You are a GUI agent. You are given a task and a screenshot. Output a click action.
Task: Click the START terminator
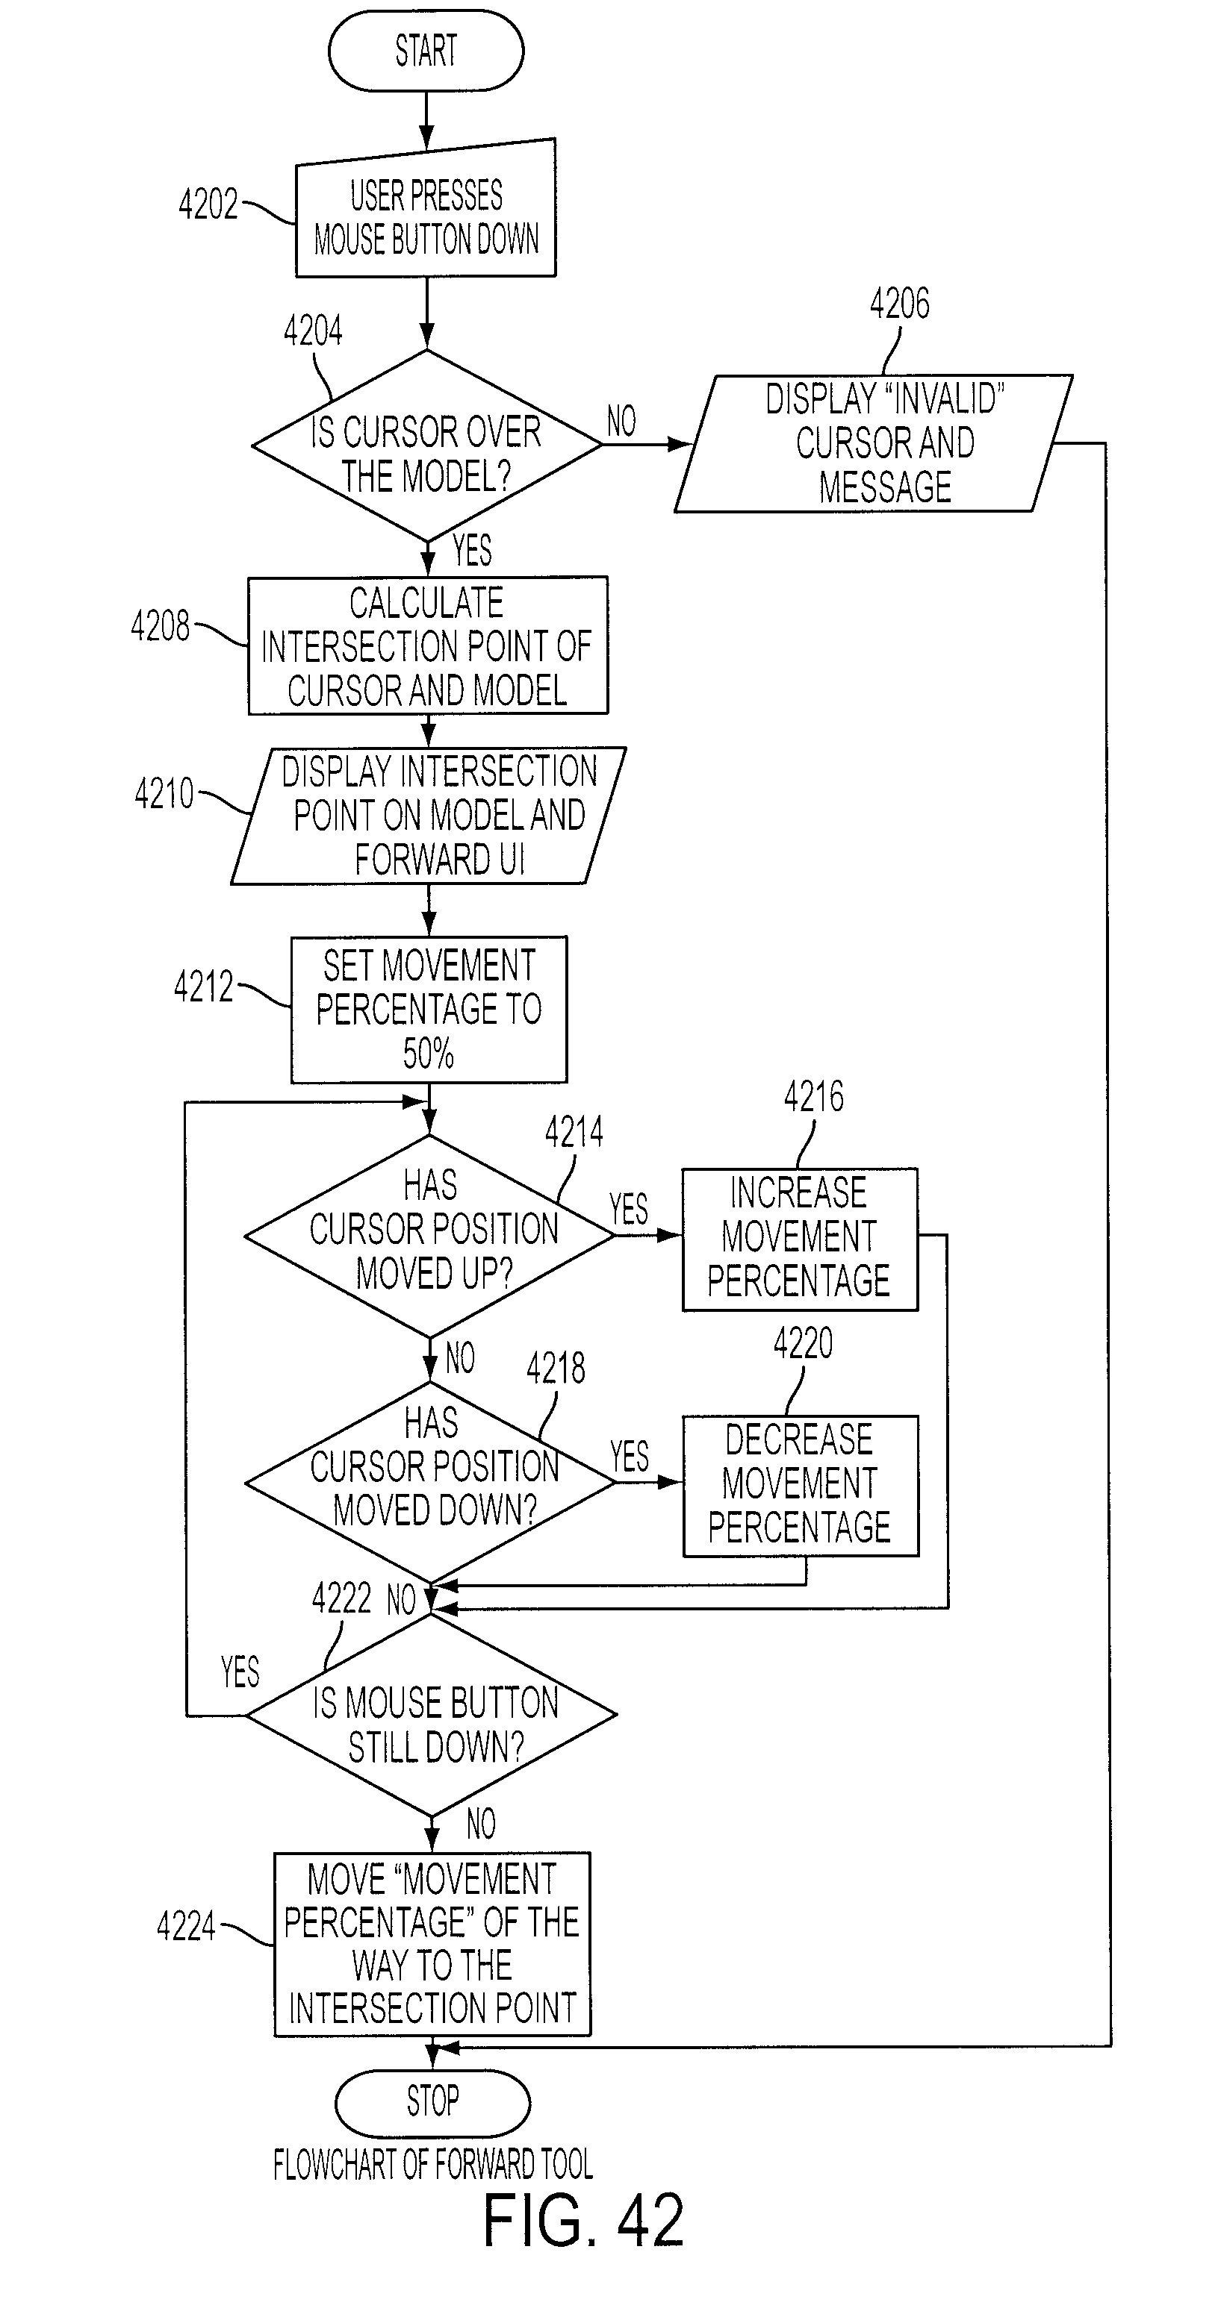coord(426,51)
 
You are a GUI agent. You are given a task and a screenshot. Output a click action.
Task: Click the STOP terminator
coord(432,2104)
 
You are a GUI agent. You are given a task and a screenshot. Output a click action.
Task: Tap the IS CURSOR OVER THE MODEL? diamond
coord(426,445)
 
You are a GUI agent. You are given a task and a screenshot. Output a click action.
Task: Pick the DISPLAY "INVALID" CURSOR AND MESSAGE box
coord(873,443)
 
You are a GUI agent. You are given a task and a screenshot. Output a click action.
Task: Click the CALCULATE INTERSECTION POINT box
coord(428,645)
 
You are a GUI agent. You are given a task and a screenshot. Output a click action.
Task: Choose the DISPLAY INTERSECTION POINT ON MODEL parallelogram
coord(428,816)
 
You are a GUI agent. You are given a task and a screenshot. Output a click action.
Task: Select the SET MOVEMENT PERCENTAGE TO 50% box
coord(429,1010)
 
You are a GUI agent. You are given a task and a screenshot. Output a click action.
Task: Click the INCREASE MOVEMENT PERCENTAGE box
coord(800,1239)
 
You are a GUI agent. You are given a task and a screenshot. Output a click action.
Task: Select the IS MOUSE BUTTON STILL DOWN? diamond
coord(432,1715)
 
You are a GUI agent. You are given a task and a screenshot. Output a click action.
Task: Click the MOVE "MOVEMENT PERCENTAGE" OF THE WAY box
coord(432,1945)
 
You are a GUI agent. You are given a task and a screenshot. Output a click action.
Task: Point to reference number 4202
coord(208,204)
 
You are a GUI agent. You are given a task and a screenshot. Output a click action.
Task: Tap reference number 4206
coord(899,304)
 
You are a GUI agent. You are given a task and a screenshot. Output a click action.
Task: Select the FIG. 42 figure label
coord(584,2221)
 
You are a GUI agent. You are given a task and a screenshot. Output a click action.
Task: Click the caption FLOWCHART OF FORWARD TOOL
coord(433,2165)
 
